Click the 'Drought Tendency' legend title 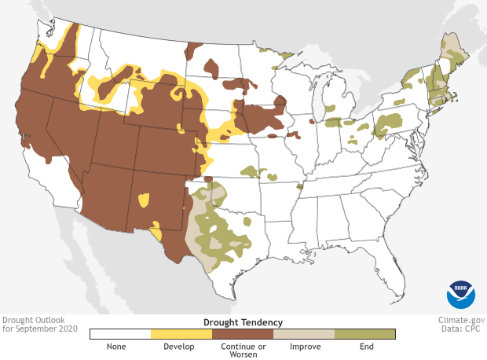click(x=243, y=322)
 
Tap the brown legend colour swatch click(x=242, y=334)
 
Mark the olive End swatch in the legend click(x=364, y=334)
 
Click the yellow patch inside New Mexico click(x=143, y=200)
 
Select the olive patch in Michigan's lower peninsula click(x=330, y=108)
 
